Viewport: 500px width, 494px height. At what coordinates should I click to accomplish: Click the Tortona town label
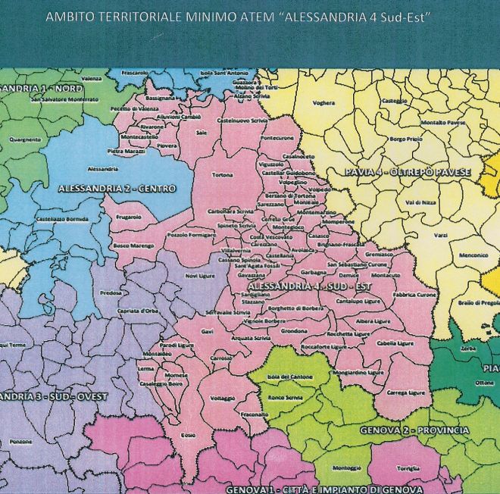click(x=222, y=175)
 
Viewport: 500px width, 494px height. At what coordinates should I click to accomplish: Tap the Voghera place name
click(x=323, y=102)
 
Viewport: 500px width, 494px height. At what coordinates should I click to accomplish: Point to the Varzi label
click(x=441, y=236)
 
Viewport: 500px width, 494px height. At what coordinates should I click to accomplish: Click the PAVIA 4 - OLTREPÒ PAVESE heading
click(x=408, y=173)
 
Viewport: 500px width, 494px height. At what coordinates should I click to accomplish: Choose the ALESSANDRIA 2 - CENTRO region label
click(x=117, y=188)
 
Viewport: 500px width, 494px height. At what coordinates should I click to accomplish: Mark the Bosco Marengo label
click(x=131, y=245)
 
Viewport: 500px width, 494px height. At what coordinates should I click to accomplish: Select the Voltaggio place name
click(x=223, y=399)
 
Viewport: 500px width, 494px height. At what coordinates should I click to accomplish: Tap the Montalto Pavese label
click(x=443, y=122)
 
